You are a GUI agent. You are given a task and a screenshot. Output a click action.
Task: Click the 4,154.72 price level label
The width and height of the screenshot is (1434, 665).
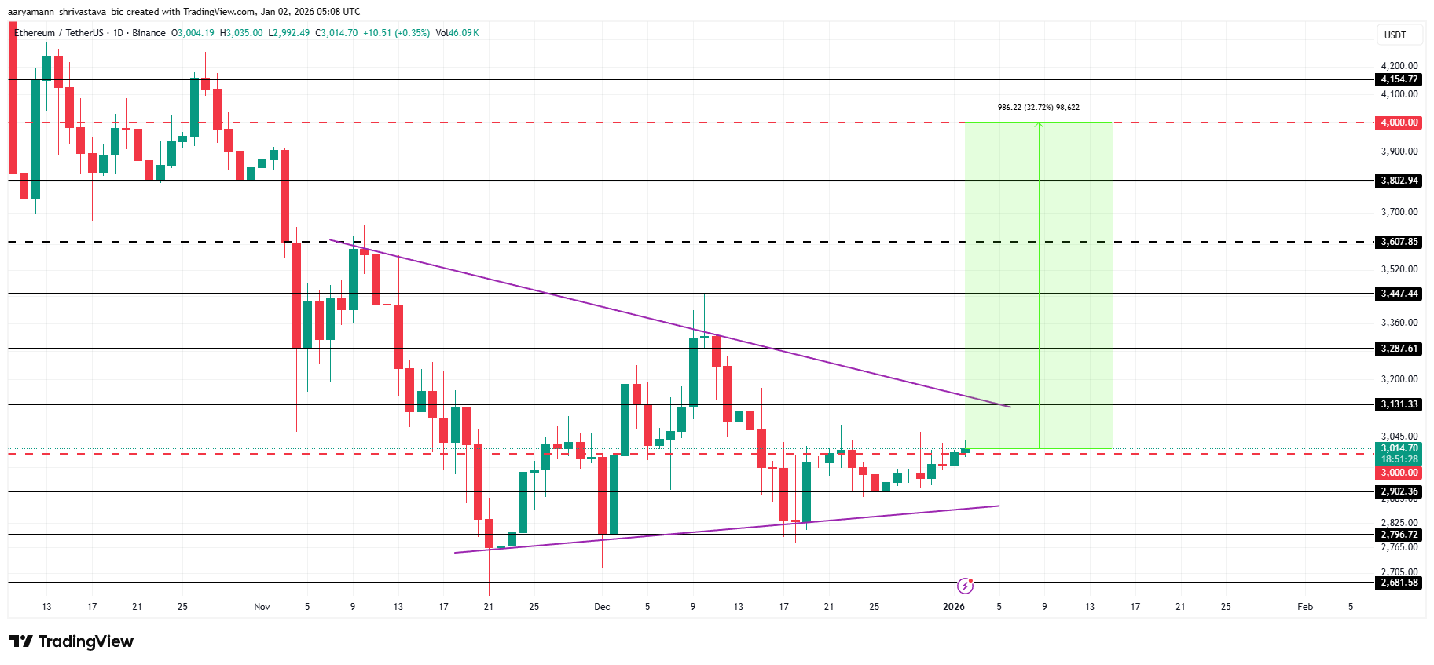(1399, 79)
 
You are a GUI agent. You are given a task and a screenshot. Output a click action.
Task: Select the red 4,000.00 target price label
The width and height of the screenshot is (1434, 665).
(1399, 122)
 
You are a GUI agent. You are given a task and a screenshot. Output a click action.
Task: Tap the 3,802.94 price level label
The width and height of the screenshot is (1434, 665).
(1399, 181)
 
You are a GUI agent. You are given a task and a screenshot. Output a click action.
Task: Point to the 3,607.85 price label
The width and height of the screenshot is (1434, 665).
(1399, 242)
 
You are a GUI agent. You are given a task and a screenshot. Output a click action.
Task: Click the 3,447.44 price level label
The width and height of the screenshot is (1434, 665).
(1399, 294)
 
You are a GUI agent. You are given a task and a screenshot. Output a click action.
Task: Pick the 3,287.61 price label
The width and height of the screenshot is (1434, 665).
(1399, 349)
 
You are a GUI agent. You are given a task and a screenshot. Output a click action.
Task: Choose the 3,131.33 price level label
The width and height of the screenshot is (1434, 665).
(1399, 404)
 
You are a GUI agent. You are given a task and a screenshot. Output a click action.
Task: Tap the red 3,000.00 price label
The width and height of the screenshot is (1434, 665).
(1399, 473)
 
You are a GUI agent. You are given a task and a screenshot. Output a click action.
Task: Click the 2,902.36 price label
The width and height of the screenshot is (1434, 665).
(1399, 491)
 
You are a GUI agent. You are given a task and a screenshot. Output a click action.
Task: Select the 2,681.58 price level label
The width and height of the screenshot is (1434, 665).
(1399, 583)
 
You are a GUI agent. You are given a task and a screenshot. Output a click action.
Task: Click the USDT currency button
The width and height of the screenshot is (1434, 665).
(1395, 35)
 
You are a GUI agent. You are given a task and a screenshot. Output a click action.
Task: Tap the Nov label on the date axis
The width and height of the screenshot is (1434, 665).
(262, 607)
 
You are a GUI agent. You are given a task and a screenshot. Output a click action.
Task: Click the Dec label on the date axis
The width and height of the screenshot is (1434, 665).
(602, 607)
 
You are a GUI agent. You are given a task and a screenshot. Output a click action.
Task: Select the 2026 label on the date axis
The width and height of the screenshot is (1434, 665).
(953, 607)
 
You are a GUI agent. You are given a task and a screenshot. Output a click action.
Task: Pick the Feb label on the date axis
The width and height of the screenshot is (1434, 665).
(1304, 607)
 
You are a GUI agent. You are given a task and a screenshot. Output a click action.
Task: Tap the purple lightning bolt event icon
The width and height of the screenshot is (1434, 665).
(965, 586)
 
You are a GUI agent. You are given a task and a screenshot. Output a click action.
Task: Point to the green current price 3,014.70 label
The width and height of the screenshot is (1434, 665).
(1399, 449)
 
